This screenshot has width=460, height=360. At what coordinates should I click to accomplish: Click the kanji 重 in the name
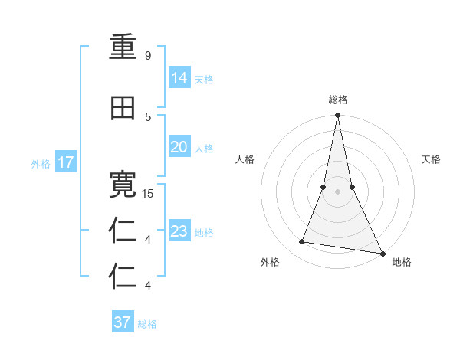pos(123,47)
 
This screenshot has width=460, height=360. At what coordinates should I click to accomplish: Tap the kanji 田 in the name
pos(123,109)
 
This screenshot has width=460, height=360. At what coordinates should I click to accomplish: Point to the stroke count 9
pos(148,56)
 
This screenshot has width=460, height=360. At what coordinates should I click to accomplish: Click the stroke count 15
pos(149,194)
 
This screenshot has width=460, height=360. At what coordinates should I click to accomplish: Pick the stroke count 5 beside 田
pos(148,116)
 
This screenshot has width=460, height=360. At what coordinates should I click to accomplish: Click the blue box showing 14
pos(179,78)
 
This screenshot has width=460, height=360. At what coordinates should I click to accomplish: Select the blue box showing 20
pos(179,147)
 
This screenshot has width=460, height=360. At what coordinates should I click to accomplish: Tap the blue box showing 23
pos(179,231)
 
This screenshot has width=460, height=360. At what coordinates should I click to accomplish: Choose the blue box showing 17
pos(65,162)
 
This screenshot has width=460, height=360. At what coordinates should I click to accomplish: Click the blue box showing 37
pos(123,322)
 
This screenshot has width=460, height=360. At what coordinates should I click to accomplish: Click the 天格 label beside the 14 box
pos(204,79)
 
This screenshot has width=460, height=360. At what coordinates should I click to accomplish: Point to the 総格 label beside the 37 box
pos(147,323)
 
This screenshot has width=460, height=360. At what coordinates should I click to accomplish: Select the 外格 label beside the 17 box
pos(41,163)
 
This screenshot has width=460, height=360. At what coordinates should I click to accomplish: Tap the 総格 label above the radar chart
pos(337,100)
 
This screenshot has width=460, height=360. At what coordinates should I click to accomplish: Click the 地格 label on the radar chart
pos(402,262)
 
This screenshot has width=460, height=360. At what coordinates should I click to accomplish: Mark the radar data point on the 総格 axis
pos(337,116)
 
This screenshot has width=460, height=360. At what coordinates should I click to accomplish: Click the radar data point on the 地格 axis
pos(382,252)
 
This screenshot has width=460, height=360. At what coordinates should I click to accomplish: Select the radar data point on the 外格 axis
pos(302,242)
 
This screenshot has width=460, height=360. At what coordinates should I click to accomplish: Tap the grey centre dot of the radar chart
pos(337,191)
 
